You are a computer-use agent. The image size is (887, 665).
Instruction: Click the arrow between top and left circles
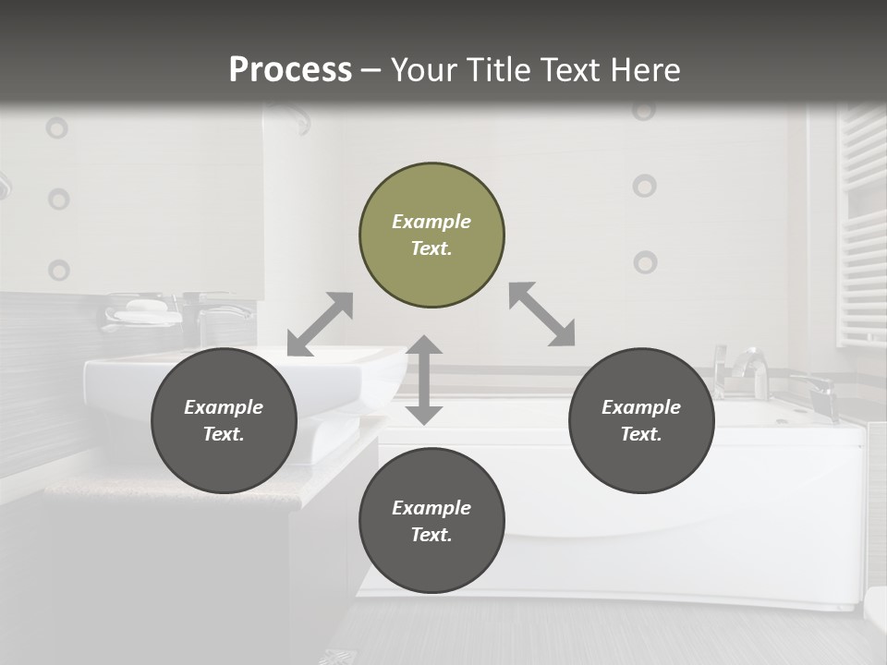click(x=320, y=324)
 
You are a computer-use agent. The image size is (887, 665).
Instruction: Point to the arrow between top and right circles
click(x=542, y=314)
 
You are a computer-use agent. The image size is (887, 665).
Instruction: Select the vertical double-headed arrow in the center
click(x=424, y=380)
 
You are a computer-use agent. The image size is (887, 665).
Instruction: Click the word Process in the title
click(x=290, y=69)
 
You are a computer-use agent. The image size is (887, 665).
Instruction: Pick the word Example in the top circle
click(x=431, y=222)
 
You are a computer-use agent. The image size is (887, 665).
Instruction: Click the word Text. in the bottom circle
click(x=431, y=535)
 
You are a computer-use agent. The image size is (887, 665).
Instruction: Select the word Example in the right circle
click(x=641, y=407)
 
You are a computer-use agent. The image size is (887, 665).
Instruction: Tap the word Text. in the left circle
click(x=224, y=434)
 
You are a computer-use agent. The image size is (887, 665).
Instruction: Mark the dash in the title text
click(x=371, y=70)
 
